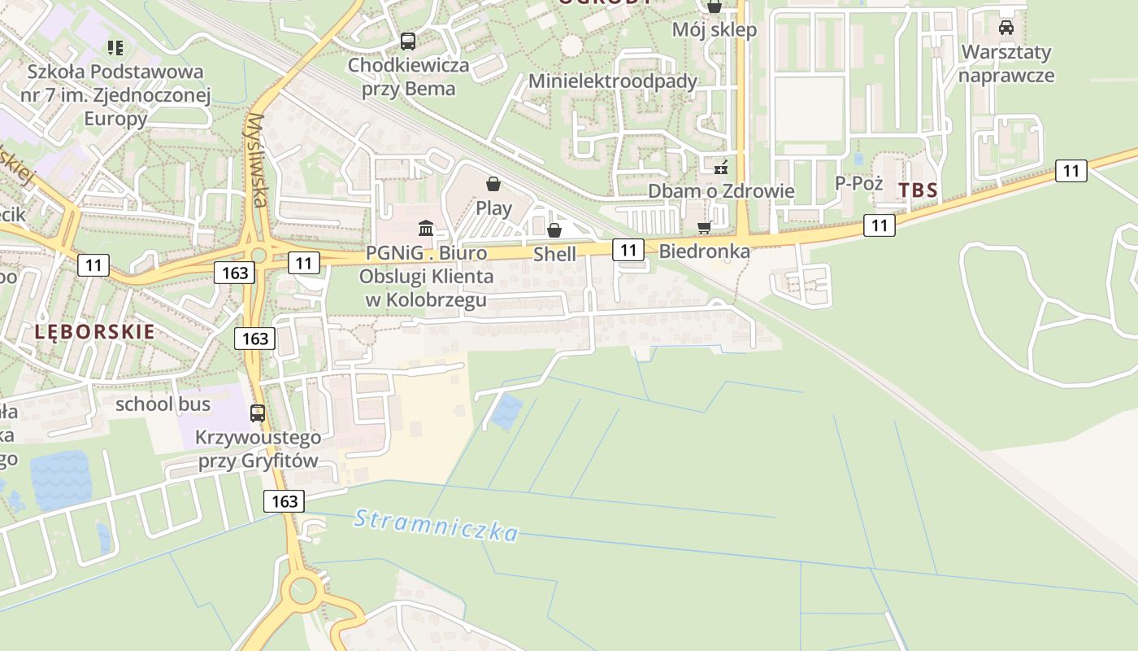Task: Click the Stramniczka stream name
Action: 436,525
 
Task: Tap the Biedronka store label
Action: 704,251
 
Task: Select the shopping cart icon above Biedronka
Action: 704,228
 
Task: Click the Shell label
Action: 554,255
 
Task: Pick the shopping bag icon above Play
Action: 493,185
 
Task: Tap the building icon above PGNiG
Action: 425,228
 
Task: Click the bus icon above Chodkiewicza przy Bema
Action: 408,41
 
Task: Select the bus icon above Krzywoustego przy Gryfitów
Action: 258,413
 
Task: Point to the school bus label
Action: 163,404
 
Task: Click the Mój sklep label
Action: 715,30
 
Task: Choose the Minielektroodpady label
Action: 613,81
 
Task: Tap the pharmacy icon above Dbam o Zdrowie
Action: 720,168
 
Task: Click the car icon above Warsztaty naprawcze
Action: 1006,28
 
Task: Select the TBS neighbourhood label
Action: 919,190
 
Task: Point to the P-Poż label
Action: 859,183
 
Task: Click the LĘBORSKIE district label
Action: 94,331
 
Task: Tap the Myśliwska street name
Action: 258,159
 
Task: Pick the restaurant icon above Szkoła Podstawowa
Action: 115,48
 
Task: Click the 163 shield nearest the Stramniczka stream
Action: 284,500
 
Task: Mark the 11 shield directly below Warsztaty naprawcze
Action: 1071,171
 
